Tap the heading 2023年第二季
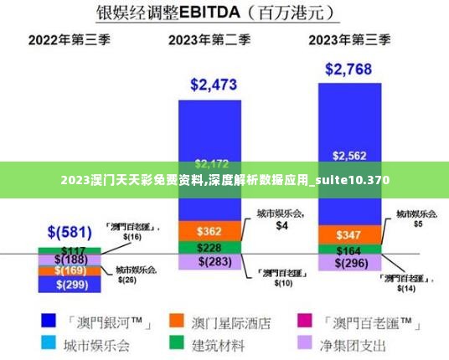tap(209, 39)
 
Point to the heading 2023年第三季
tap(349, 39)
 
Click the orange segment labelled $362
tap(209, 230)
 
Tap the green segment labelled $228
tap(209, 248)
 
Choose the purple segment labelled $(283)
tap(209, 262)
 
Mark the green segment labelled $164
tap(348, 249)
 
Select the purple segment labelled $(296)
tap(348, 263)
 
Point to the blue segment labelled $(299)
tap(70, 284)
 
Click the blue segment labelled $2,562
tap(348, 155)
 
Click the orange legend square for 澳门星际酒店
tap(176, 321)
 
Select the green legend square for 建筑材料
tap(176, 344)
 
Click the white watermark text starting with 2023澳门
tap(224, 180)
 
